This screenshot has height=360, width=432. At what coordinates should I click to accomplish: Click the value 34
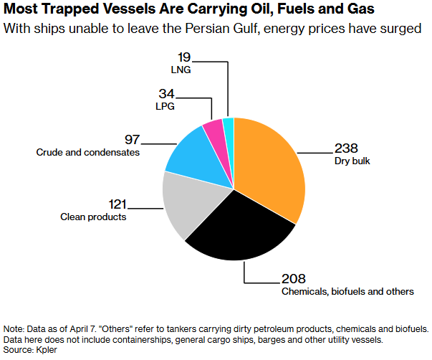(x=165, y=93)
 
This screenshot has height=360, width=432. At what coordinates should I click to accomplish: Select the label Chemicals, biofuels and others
(x=347, y=292)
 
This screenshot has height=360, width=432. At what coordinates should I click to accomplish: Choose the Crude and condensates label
(x=87, y=152)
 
